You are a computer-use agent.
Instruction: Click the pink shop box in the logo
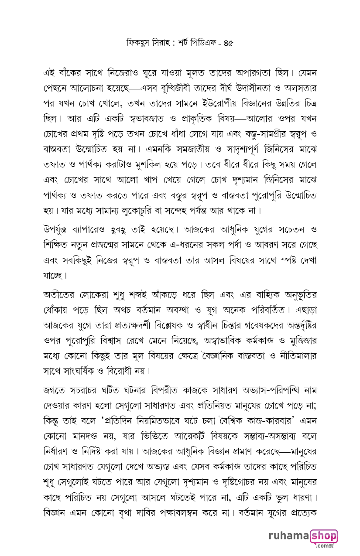324,536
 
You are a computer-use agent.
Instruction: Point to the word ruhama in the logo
288,536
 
